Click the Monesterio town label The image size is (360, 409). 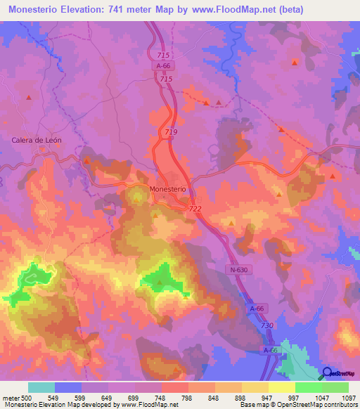(167, 189)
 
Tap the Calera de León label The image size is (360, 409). (37, 140)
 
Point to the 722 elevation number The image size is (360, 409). (195, 209)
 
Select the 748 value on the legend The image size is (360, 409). (160, 397)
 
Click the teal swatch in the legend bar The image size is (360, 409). (41, 387)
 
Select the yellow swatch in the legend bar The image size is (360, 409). (281, 387)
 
